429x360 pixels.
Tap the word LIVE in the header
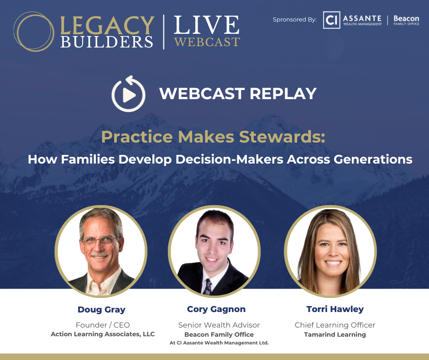[207, 25]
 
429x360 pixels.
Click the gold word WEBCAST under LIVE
[207, 42]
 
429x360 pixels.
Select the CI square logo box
[331, 20]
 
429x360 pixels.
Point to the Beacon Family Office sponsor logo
[406, 20]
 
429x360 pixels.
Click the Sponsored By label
[295, 20]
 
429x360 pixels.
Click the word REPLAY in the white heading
[283, 94]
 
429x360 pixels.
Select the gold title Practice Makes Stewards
[213, 137]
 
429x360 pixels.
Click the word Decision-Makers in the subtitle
[229, 159]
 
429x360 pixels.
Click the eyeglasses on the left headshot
[99, 241]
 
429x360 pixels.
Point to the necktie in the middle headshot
[208, 286]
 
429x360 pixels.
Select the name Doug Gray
[101, 310]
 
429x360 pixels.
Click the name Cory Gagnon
[216, 309]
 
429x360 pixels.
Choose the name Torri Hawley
[335, 309]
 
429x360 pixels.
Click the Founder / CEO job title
[103, 325]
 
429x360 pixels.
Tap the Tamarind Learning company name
[335, 334]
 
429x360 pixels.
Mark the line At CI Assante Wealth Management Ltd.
[219, 343]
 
